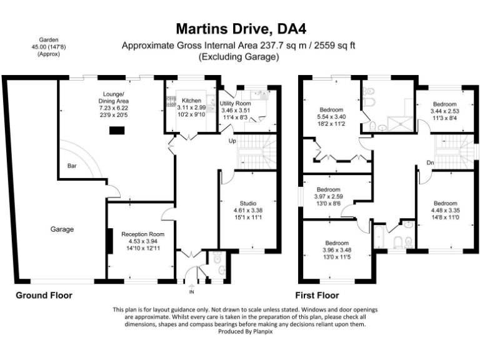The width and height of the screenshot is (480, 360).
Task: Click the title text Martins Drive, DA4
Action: point(241,29)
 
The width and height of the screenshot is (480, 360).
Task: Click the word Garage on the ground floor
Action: point(62,229)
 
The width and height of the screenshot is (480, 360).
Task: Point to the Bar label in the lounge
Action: point(72,166)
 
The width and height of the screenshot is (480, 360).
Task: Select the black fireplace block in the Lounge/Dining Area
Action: point(116,131)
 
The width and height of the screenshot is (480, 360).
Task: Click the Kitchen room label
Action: point(191,100)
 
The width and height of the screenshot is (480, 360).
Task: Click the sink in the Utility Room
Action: point(262,95)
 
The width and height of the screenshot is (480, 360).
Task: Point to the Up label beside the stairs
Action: point(231,141)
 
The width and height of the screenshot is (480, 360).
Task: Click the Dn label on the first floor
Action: point(430,162)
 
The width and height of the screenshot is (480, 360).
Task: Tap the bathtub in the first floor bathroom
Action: point(378,238)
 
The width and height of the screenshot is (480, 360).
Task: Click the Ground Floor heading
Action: point(44,295)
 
